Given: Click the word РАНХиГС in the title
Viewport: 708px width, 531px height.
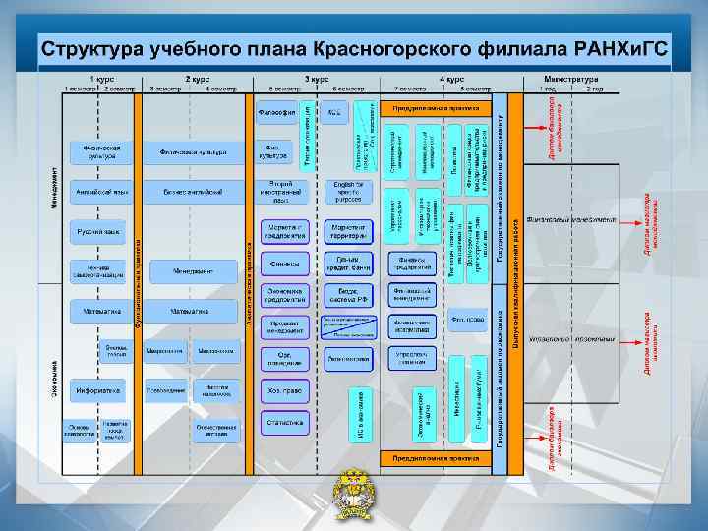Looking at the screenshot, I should click(x=620, y=48).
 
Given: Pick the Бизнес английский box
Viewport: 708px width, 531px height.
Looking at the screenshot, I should click(x=193, y=192).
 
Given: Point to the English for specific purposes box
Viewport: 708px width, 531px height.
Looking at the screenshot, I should click(x=348, y=191).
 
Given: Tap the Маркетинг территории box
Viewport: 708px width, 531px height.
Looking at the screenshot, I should click(x=348, y=232).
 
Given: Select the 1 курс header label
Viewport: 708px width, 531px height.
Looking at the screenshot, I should click(x=100, y=78).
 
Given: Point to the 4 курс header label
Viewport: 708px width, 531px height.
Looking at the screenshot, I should click(x=451, y=78).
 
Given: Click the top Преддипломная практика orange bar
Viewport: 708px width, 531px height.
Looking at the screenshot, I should click(x=436, y=106).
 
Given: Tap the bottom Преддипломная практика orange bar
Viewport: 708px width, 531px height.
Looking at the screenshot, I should click(x=436, y=457).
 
